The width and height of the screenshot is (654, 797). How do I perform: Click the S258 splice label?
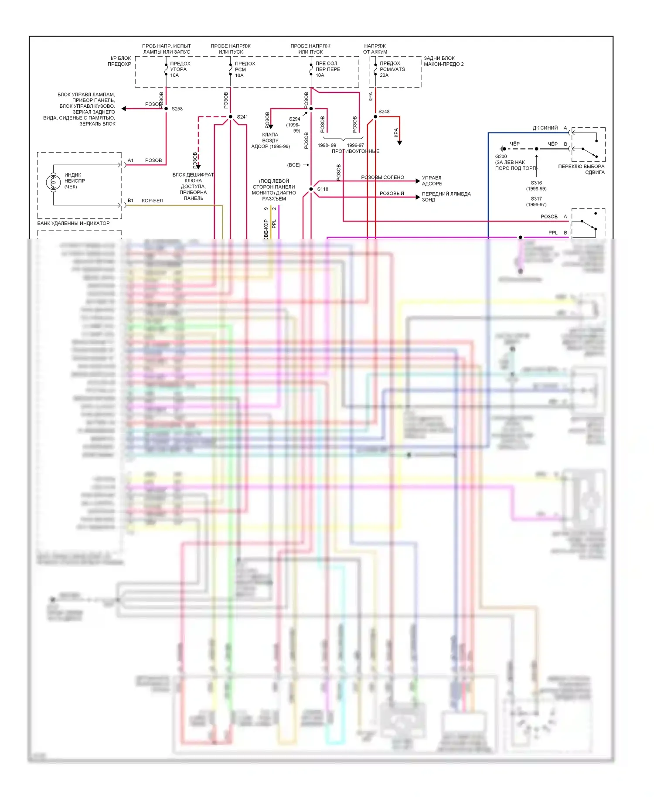177,109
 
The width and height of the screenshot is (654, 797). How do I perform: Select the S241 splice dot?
231,117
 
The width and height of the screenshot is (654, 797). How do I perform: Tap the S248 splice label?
384,112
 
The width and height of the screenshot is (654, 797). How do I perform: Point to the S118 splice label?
323,189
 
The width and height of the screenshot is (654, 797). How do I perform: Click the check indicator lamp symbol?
53,182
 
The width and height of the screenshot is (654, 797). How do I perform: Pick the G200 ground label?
501,157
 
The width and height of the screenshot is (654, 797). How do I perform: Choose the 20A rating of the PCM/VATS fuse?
384,75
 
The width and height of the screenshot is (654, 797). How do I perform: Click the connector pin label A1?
131,160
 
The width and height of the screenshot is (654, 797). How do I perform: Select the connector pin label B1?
131,201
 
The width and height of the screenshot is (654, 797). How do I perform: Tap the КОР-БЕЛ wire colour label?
152,201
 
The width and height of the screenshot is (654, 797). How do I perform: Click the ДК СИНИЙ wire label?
545,128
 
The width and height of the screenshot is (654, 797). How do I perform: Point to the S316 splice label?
536,183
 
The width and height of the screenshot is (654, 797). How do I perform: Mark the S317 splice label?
536,199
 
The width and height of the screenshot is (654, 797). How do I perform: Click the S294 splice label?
295,119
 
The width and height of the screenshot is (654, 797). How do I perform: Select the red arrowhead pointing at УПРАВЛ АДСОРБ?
418,181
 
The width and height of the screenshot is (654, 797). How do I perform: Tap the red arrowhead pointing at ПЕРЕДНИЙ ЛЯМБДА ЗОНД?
418,197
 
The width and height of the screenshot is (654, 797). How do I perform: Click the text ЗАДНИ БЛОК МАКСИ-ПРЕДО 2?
443,61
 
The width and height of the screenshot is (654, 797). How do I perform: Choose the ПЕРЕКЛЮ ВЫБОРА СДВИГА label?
581,169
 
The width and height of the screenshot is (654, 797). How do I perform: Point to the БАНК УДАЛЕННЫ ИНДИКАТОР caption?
73,223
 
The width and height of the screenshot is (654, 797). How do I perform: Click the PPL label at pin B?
553,233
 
